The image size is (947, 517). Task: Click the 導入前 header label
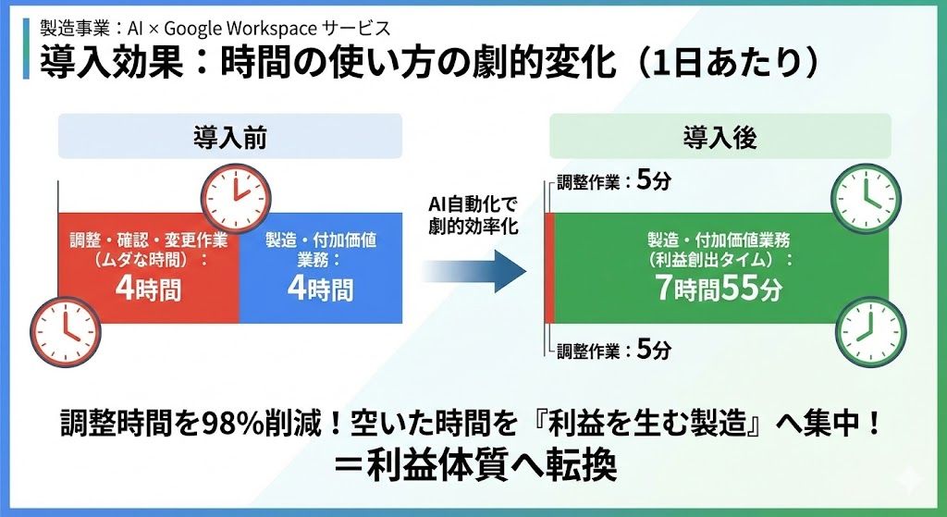point(230,139)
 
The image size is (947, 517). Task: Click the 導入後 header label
point(719,139)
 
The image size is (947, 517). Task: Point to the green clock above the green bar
point(866,199)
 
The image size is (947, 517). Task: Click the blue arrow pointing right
point(474,271)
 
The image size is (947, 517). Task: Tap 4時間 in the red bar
point(148,289)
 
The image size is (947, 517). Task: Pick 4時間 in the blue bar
point(320,289)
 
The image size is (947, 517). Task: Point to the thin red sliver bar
point(549,268)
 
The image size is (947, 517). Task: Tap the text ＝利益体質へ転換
point(475,466)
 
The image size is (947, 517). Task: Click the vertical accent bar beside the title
point(26,48)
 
